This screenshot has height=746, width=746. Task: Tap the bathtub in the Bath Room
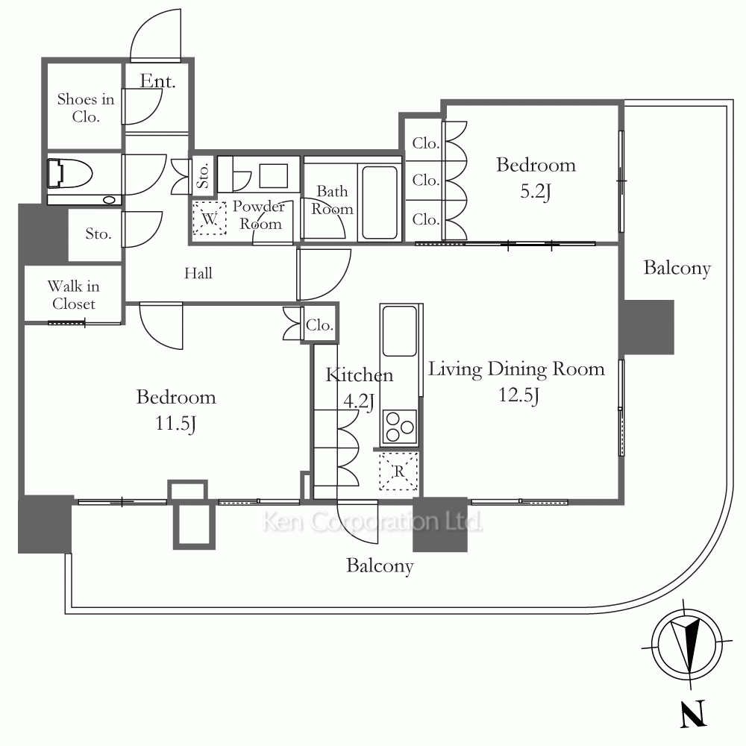tap(379, 202)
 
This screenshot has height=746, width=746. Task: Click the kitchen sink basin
tap(399, 330)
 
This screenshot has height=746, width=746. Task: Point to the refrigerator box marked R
tap(398, 471)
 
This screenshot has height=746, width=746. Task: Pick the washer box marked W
tap(210, 218)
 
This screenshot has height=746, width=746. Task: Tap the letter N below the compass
tap(692, 713)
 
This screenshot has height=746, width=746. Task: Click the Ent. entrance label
tap(157, 81)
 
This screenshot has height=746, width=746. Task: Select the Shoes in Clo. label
tap(86, 107)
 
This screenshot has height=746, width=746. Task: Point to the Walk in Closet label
tap(74, 295)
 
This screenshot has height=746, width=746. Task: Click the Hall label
tap(198, 273)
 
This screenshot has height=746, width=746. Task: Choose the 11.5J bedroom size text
tap(175, 424)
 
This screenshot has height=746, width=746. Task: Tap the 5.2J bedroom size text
tap(536, 191)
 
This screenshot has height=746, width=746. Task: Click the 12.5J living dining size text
tap(518, 395)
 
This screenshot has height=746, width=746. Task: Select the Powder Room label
tap(260, 215)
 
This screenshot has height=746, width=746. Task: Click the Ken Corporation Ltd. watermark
tap(372, 521)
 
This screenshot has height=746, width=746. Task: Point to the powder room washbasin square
tap(274, 175)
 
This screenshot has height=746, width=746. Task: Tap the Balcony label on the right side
tap(677, 268)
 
